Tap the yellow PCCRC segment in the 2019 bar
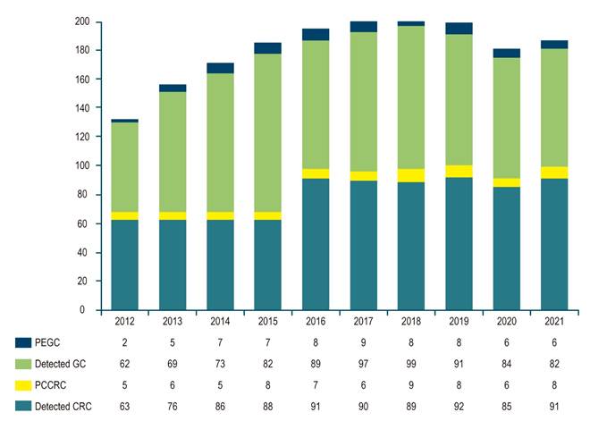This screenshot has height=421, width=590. [x=459, y=171]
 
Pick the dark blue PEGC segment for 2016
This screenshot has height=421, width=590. [x=316, y=34]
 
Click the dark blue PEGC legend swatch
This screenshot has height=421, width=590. [x=24, y=343]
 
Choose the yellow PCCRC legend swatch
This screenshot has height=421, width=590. [x=24, y=386]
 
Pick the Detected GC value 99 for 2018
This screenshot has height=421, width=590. [x=411, y=365]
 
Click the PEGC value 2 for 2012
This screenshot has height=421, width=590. [x=124, y=343]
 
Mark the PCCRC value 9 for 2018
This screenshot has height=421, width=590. [x=411, y=386]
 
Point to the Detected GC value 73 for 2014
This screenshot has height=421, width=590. [x=220, y=365]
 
